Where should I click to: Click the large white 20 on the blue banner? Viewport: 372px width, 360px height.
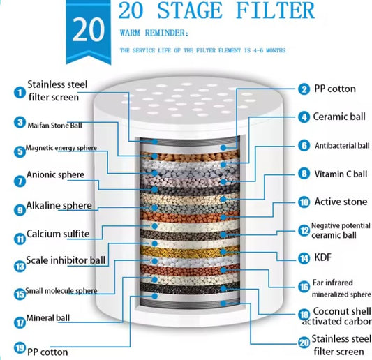pos(88,30)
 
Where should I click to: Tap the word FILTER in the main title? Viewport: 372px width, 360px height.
pos(275,10)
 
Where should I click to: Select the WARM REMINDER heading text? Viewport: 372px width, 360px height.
pos(154,33)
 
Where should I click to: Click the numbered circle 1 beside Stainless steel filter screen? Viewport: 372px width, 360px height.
pos(20,92)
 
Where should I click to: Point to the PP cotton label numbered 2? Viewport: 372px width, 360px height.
pos(335,89)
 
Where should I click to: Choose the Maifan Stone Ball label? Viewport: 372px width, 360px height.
pos(54,125)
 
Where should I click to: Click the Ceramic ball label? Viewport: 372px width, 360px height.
pos(339,117)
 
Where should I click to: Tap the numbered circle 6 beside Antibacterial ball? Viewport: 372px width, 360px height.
pos(304,145)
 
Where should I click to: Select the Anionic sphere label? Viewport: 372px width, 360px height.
pos(55,174)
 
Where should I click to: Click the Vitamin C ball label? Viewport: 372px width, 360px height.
pos(341,174)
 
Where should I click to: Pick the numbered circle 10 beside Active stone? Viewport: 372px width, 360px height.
pos(304,202)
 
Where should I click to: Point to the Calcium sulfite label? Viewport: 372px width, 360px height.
pos(58,234)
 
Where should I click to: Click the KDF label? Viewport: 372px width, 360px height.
pos(322,257)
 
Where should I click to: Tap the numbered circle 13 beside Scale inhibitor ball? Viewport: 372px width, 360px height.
pos(20,267)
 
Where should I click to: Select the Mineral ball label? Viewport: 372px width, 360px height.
pos(48,317)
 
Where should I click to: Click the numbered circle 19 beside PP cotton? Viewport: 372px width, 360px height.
pos(20,347)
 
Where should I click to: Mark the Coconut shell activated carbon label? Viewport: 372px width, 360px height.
pos(337,316)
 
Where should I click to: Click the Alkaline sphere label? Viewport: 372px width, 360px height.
pos(59,205)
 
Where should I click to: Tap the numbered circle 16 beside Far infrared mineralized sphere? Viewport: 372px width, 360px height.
pos(304,287)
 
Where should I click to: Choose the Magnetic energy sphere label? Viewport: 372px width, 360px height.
pos(61,148)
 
